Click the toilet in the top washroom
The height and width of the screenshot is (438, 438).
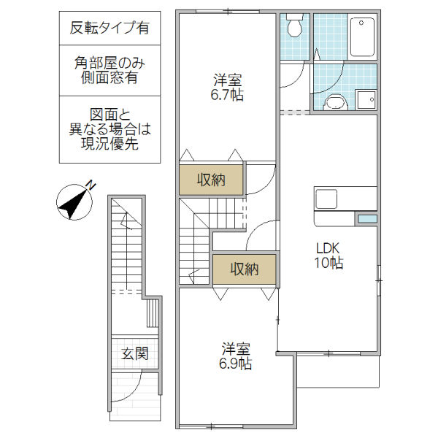[295, 27]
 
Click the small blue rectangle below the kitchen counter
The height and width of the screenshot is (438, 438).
[366, 219]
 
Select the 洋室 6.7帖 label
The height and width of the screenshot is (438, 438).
[228, 87]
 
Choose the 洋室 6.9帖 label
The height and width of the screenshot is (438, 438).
[235, 356]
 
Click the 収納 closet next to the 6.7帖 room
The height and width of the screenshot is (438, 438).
[212, 180]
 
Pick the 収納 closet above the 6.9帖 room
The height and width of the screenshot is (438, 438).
[245, 269]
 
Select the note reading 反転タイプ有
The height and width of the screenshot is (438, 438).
[109, 28]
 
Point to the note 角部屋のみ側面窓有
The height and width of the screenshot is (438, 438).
[109, 70]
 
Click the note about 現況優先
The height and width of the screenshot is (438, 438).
[109, 129]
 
